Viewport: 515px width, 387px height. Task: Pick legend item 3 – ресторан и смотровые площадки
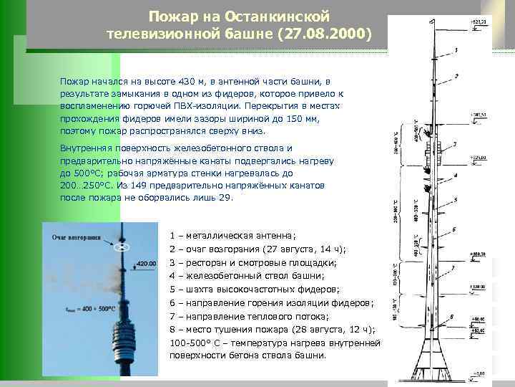click(x=254, y=262)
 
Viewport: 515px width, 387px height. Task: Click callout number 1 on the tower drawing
click(x=455, y=51)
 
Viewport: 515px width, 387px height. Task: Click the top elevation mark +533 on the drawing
click(x=478, y=22)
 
